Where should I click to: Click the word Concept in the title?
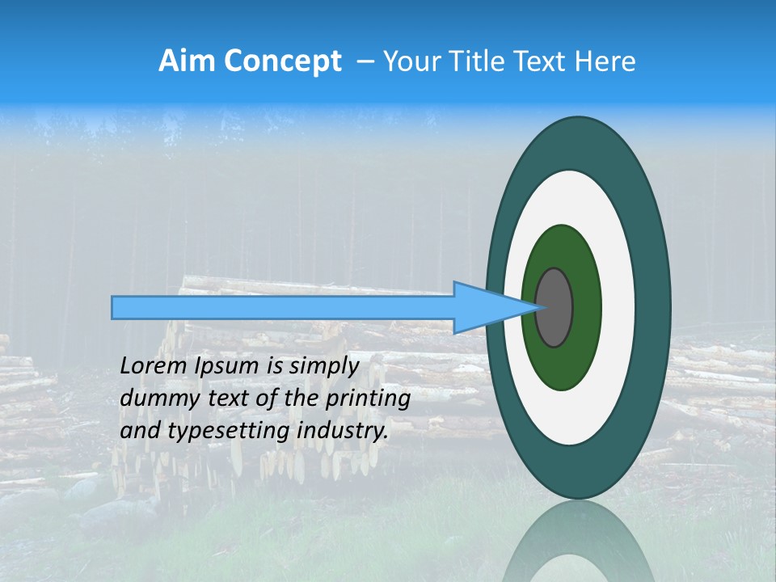click(283, 61)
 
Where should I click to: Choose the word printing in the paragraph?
click(371, 399)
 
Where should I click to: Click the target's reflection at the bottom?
click(579, 542)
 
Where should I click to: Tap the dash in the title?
click(365, 61)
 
